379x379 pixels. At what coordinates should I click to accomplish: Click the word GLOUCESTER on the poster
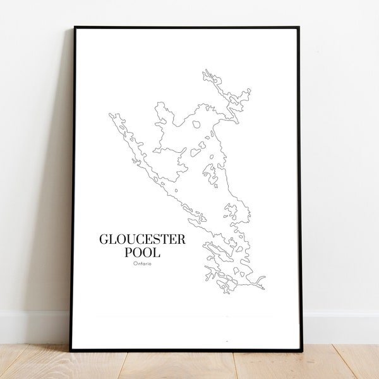(x=142, y=239)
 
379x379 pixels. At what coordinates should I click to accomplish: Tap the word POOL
(x=143, y=252)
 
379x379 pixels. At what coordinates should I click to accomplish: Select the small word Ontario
(x=143, y=264)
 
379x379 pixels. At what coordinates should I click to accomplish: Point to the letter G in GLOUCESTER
(x=104, y=239)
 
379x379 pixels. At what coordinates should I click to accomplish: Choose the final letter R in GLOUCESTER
(x=182, y=239)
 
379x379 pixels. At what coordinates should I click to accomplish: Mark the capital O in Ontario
(x=135, y=264)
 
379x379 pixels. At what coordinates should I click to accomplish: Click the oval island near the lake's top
(x=196, y=124)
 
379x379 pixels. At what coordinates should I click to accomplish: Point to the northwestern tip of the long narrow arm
(x=111, y=115)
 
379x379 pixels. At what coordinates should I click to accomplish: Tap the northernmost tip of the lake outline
(x=205, y=71)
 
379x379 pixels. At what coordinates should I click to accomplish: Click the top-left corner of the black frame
(x=75, y=27)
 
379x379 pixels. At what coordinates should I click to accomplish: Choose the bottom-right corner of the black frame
(x=301, y=350)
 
